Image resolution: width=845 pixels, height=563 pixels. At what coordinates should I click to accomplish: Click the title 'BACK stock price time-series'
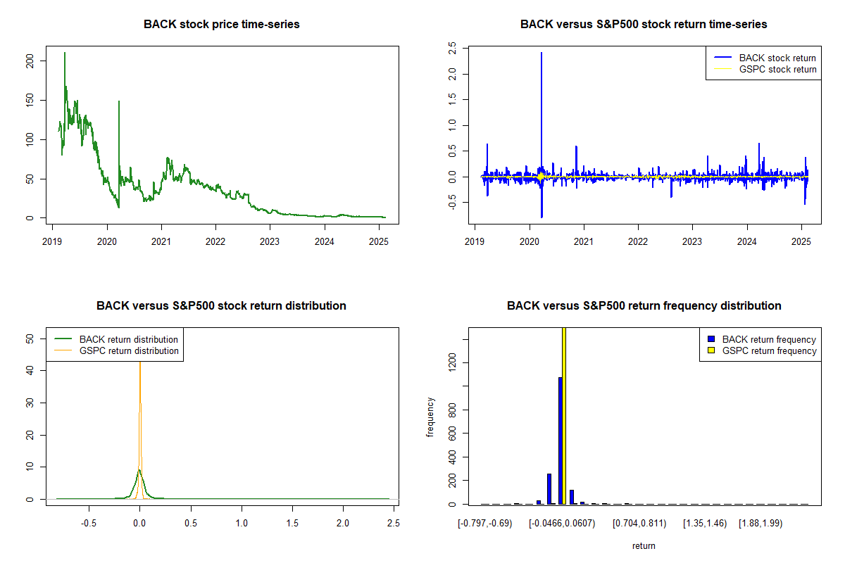(221, 24)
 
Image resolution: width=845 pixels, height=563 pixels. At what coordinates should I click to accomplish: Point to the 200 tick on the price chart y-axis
(30, 62)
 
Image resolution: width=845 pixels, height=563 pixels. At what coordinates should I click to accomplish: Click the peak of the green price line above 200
(65, 53)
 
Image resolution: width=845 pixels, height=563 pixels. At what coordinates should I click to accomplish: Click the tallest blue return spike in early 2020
(541, 53)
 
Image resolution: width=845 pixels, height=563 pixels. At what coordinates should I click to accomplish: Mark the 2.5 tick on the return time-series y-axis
(452, 48)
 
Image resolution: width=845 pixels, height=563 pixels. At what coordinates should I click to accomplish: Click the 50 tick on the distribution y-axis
(30, 339)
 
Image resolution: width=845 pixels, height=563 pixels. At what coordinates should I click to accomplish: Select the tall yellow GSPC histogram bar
(564, 415)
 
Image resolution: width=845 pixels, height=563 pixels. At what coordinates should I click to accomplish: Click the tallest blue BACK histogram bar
(560, 441)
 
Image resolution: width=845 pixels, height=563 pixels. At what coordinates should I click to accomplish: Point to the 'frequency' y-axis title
(430, 417)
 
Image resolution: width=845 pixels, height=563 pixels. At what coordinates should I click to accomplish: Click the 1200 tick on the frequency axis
(452, 362)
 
